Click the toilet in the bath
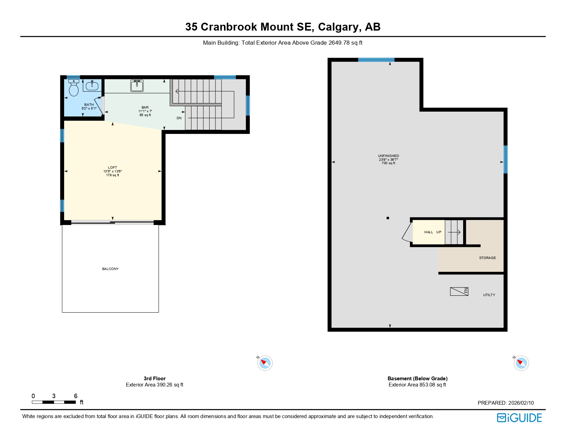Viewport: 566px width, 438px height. tap(74, 88)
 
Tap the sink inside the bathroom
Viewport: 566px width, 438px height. tap(92, 86)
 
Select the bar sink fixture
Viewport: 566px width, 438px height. tap(137, 86)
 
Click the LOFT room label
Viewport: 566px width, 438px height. tap(113, 168)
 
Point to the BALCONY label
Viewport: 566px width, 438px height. tap(110, 269)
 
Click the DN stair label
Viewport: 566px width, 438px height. tap(179, 118)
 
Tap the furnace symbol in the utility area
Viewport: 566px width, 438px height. tap(459, 291)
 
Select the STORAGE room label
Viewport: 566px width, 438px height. tap(487, 258)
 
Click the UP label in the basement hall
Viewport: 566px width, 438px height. tap(439, 232)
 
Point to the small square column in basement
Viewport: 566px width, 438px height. tap(388, 218)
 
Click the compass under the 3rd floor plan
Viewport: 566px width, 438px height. tap(265, 363)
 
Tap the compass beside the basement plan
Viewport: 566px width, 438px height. tap(521, 363)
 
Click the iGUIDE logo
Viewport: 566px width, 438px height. tap(519, 418)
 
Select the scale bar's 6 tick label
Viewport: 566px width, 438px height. tap(75, 396)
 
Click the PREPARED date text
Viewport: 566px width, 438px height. tap(506, 403)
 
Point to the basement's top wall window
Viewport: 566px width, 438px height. tap(376, 60)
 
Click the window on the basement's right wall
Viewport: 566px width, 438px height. tap(505, 159)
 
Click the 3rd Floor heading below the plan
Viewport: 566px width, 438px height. tap(154, 379)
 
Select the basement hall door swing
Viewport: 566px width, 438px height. tap(407, 233)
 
